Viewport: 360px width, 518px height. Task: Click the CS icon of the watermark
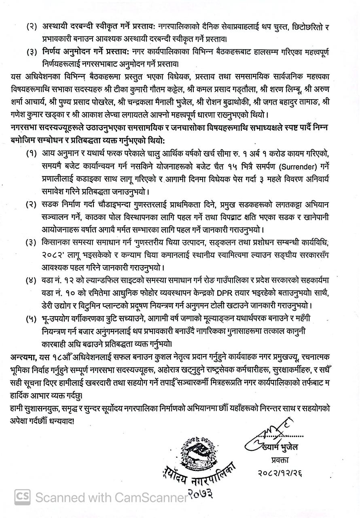[22, 496]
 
